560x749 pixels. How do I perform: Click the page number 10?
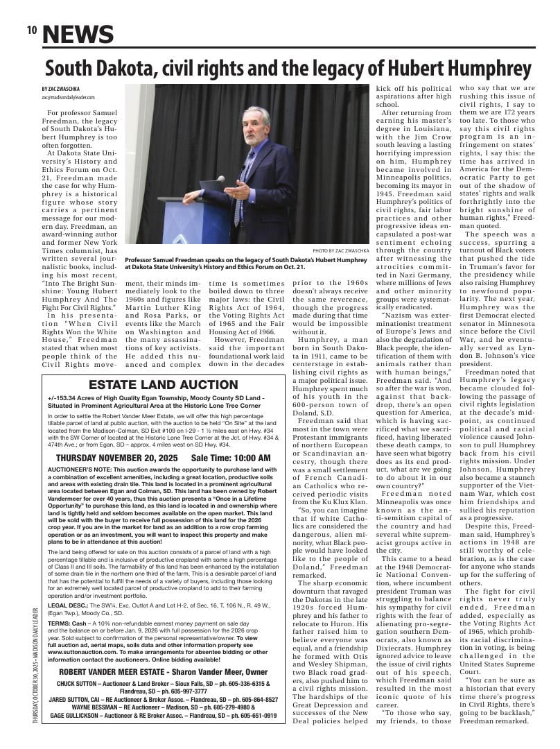[x=31, y=31]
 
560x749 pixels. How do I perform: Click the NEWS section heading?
[x=78, y=34]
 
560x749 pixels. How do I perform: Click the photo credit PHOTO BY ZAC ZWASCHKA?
[x=340, y=250]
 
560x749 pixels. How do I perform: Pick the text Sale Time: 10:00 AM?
[x=231, y=458]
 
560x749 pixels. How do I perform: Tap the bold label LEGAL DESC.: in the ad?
[x=67, y=605]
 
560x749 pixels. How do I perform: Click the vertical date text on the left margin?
[x=35, y=666]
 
